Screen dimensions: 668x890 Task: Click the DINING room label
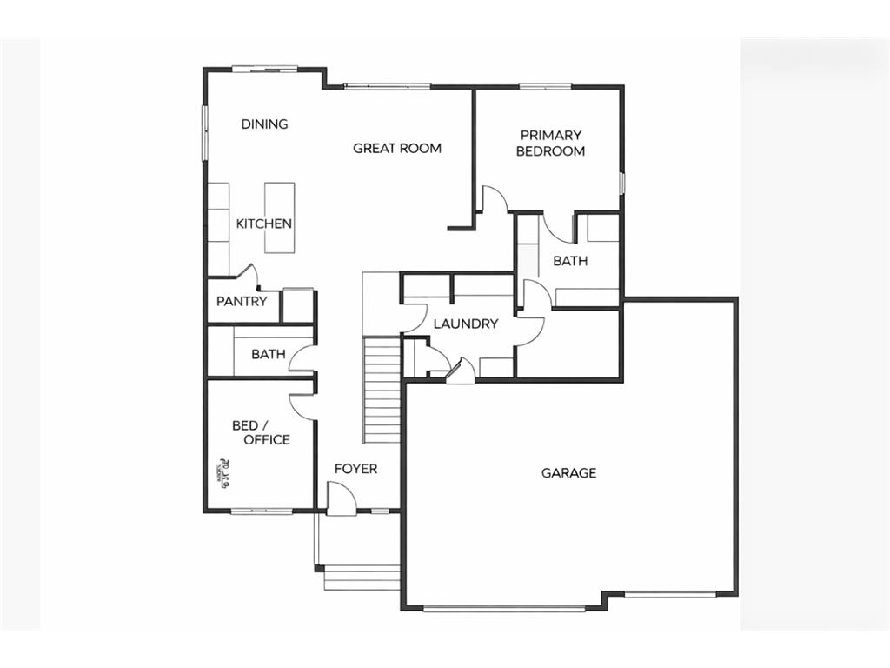click(264, 124)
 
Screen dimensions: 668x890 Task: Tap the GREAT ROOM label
click(396, 148)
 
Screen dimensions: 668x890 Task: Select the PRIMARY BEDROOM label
click(550, 143)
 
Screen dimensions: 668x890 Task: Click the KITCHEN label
click(264, 224)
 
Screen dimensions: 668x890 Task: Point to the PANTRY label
click(242, 302)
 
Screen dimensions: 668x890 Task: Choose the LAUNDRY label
click(465, 324)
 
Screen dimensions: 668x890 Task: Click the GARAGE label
click(568, 473)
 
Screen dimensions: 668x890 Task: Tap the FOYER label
click(356, 469)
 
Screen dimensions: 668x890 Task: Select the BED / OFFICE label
click(261, 432)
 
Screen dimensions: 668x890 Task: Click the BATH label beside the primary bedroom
click(569, 260)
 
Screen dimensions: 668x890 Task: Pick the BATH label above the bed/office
click(269, 354)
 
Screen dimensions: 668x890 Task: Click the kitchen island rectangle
click(279, 217)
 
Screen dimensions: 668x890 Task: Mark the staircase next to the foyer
click(381, 391)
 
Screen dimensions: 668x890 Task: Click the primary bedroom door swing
click(494, 198)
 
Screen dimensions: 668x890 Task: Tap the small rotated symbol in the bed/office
click(221, 472)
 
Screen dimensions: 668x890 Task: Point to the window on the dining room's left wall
click(206, 132)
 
